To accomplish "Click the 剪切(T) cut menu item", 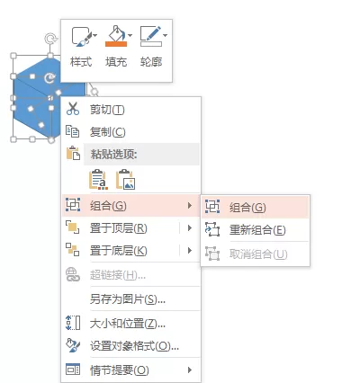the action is [x=107, y=110].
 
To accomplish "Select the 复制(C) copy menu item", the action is [x=107, y=132].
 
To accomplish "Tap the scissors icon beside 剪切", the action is [x=73, y=109].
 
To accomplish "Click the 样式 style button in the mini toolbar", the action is [x=81, y=47].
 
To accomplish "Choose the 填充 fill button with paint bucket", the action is [x=116, y=47].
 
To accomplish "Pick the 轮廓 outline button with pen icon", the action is [x=152, y=47].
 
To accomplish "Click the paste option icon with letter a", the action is [x=98, y=180].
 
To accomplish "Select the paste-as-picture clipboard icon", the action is [x=126, y=180].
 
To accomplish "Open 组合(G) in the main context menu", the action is [x=108, y=206].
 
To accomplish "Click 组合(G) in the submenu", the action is [x=247, y=208].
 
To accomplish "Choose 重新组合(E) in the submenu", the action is [x=257, y=230].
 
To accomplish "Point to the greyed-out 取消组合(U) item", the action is [x=258, y=254].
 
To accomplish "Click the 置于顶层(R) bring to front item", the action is [x=119, y=228].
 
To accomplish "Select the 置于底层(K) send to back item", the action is [x=119, y=251].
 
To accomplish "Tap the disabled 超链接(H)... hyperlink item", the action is [x=118, y=275].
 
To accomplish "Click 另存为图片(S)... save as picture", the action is [x=128, y=299].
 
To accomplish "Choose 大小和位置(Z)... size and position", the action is [x=128, y=324].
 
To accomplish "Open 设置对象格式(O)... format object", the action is [x=134, y=346].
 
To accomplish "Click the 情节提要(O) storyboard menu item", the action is [x=120, y=370].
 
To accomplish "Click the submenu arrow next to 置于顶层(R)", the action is [x=190, y=228].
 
